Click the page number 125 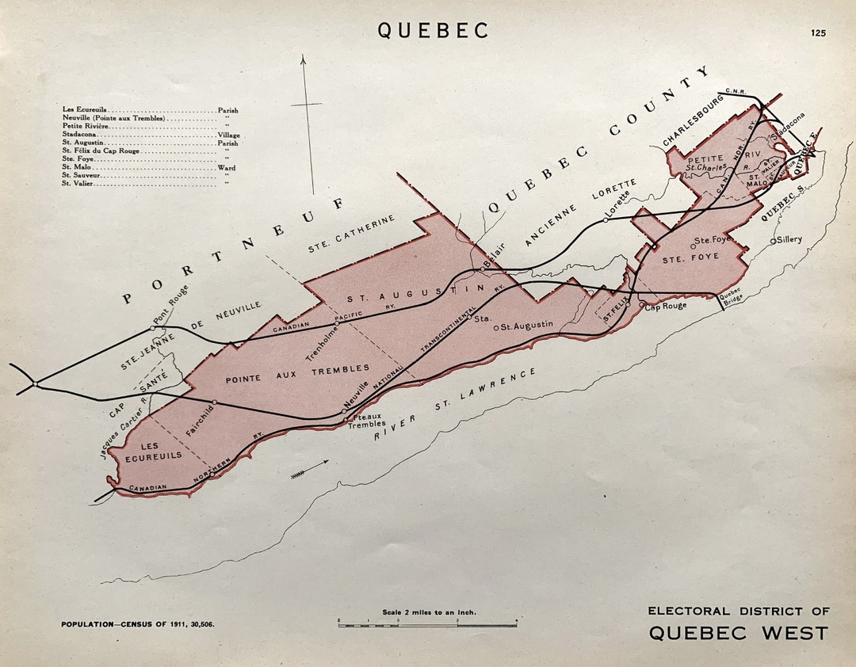click(x=818, y=32)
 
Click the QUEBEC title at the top click(x=433, y=30)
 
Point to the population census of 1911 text click(x=138, y=624)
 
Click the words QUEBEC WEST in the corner click(x=739, y=633)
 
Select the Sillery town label click(x=789, y=239)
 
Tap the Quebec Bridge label click(x=731, y=295)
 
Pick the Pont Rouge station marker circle click(x=153, y=328)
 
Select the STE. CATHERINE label click(x=350, y=234)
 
